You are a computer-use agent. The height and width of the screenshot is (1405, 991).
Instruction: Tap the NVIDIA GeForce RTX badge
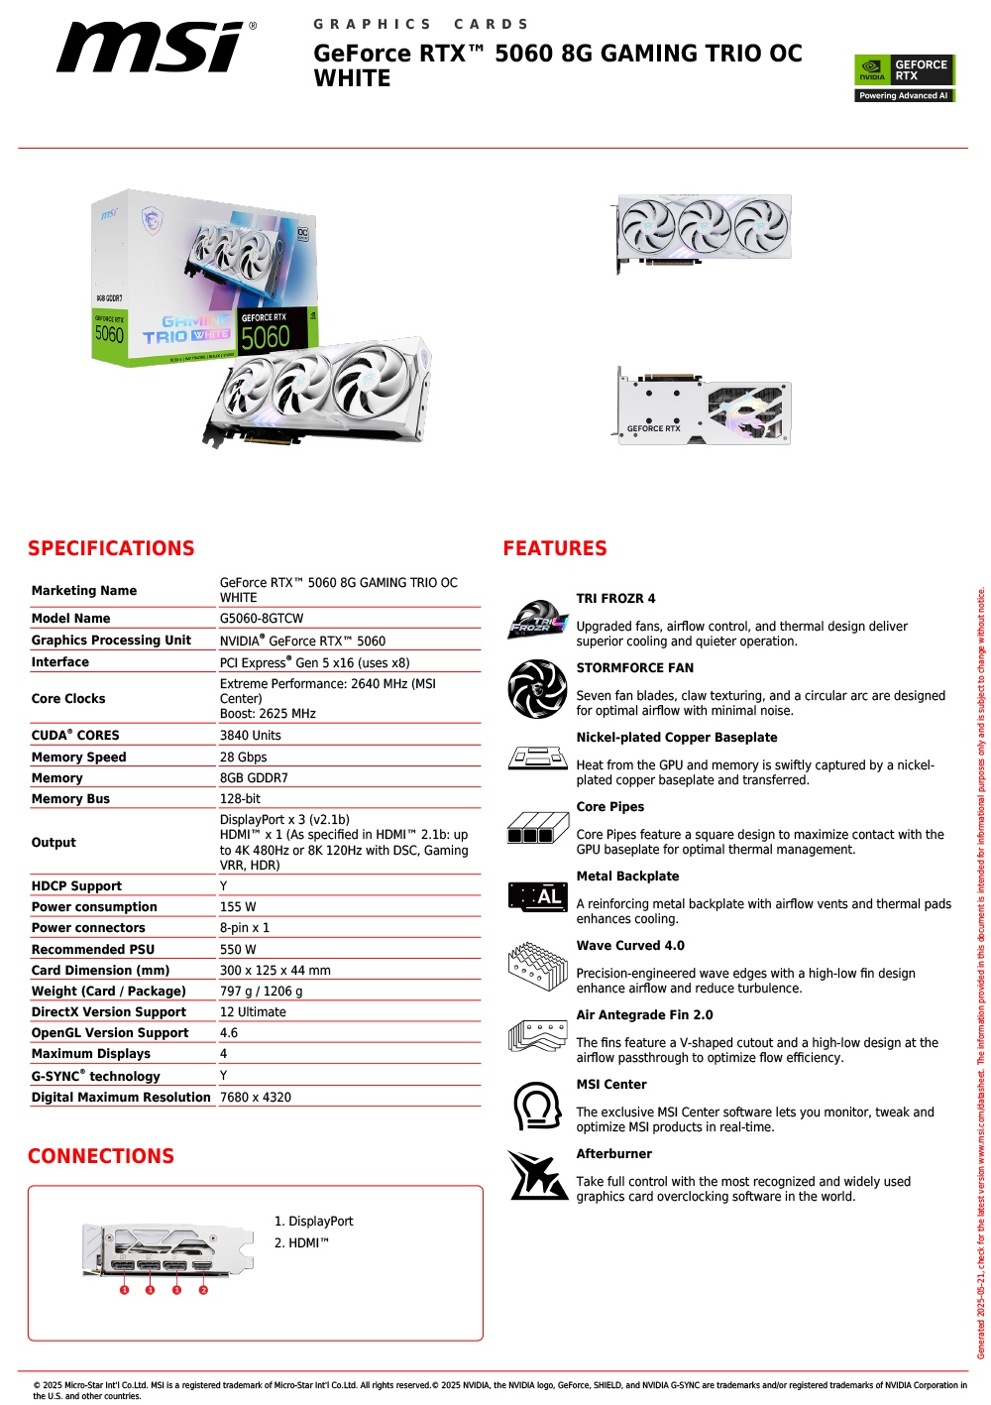tap(904, 77)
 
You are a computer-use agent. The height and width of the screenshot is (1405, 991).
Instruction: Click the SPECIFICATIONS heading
tap(111, 548)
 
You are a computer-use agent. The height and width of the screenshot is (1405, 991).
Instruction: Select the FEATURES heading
tap(555, 548)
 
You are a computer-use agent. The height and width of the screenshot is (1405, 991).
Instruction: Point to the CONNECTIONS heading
tap(101, 1156)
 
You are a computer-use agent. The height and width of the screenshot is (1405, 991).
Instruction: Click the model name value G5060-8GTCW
tap(262, 619)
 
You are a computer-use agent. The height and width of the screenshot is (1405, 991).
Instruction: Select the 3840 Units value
tap(251, 736)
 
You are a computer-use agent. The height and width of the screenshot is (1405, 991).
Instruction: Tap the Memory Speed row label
tap(79, 758)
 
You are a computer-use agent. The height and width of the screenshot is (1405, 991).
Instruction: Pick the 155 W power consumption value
tap(238, 907)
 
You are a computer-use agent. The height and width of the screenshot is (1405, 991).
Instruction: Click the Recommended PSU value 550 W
tap(238, 950)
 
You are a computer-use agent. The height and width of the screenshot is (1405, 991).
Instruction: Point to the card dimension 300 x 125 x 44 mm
tap(275, 971)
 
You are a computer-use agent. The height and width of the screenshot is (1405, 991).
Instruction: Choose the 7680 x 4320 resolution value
tap(256, 1098)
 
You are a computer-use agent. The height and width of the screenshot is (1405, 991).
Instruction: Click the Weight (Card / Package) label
tap(109, 992)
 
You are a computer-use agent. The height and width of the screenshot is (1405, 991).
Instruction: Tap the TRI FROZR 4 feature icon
tap(537, 620)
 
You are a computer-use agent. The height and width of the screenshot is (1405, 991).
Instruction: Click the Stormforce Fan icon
tap(537, 688)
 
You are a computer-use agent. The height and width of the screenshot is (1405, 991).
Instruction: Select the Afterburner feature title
tap(614, 1154)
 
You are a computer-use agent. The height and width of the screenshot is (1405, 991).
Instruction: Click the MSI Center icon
tap(537, 1106)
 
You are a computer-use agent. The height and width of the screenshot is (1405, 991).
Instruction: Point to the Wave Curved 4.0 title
tap(630, 946)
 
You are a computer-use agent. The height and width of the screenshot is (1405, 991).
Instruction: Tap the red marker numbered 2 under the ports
tap(203, 1290)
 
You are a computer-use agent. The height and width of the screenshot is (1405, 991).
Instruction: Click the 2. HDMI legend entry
tap(301, 1243)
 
